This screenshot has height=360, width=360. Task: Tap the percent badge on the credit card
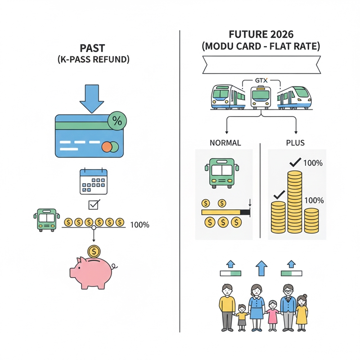point(117,121)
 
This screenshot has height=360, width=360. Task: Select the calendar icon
point(94,181)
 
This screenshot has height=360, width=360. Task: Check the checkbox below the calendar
point(94,205)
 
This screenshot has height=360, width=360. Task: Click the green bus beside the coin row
point(46,219)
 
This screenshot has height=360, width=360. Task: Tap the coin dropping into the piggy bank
point(94,251)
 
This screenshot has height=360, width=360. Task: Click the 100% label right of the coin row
point(139,225)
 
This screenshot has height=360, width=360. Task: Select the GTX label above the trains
point(261,81)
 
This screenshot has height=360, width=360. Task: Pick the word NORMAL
point(225,143)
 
